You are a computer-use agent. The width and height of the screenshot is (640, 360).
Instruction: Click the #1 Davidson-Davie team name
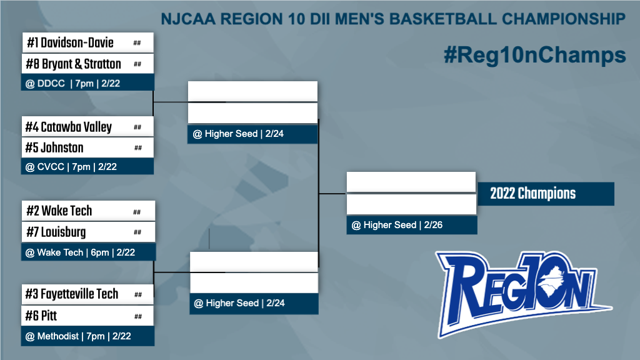(70, 42)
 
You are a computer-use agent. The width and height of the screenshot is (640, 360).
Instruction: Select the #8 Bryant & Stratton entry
(74, 64)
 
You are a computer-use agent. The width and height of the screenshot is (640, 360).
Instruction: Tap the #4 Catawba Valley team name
(69, 127)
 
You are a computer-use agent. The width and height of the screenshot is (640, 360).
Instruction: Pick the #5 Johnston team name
(54, 147)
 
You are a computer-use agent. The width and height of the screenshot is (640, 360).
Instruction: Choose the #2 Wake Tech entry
(59, 211)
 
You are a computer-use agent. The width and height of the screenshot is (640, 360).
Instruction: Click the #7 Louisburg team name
(56, 232)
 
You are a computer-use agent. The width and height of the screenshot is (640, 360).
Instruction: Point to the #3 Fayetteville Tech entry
(72, 294)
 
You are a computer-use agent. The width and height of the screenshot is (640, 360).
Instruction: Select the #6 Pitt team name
(41, 316)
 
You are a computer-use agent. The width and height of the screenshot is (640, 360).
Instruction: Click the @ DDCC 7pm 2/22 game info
(72, 84)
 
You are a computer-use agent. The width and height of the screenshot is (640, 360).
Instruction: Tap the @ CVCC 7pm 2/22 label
(71, 167)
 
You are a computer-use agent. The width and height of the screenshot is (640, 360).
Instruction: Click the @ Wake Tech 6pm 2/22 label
(80, 252)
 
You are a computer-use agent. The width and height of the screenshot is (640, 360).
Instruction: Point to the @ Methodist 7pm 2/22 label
(78, 336)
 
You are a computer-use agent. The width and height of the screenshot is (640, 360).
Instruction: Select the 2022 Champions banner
(545, 194)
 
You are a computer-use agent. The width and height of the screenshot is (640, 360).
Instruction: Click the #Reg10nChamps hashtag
(535, 55)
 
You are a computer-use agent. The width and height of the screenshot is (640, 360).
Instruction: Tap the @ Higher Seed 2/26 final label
(397, 225)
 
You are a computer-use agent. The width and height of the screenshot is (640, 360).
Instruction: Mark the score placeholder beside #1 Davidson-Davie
(137, 43)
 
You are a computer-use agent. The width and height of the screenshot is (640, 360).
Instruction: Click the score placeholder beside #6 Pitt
(138, 316)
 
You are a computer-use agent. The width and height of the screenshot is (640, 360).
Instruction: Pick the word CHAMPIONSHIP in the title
(564, 19)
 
